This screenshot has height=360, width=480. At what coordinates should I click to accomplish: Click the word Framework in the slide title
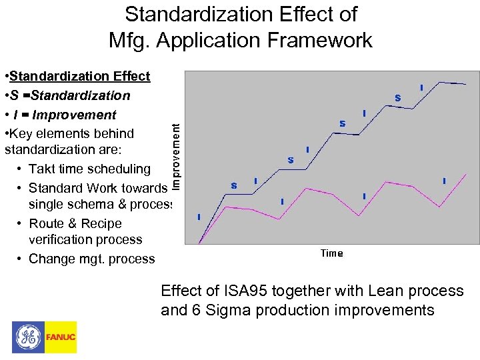[321, 40]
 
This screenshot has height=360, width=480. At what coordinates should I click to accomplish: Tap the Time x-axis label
[331, 253]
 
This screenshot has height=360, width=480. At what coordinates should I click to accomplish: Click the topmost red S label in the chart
[398, 98]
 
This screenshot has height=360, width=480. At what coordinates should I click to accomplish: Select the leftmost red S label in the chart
[234, 185]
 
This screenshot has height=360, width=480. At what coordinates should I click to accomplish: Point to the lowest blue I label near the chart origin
[199, 217]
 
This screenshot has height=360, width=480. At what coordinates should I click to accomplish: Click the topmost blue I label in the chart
[421, 87]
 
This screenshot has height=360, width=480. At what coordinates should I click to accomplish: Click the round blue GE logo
[28, 337]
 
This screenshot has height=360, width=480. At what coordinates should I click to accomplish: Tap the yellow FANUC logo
[61, 337]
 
